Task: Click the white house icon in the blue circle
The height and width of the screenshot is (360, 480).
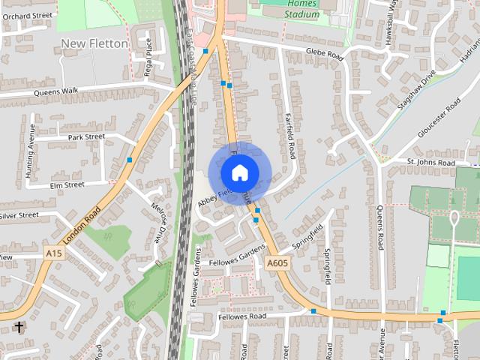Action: tap(239, 172)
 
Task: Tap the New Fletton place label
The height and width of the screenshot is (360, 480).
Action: tap(94, 43)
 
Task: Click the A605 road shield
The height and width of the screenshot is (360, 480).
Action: tap(277, 262)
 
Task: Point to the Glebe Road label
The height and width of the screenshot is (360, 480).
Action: tap(324, 55)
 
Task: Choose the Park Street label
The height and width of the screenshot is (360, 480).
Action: tap(86, 137)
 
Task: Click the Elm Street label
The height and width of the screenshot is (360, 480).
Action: tap(67, 184)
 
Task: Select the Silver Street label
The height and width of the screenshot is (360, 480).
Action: tap(19, 215)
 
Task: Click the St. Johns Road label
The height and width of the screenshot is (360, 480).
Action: tap(430, 162)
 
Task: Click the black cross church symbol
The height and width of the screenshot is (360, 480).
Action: tap(19, 327)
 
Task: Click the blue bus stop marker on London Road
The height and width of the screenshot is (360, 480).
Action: tap(130, 160)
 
